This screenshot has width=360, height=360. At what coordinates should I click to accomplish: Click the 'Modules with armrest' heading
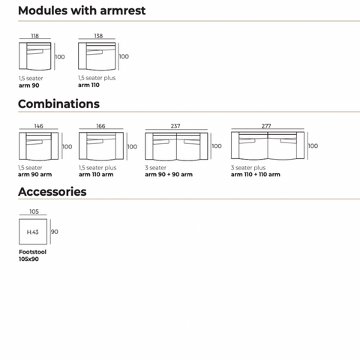point(82,10)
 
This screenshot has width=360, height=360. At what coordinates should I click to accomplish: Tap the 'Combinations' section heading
point(58,104)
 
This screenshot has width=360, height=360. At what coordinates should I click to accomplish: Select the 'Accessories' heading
point(52,192)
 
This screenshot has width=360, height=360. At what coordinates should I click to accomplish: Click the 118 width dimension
point(34,36)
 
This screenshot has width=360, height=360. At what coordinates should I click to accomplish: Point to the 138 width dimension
point(98,36)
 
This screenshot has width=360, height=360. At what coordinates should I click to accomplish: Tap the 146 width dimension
point(38,126)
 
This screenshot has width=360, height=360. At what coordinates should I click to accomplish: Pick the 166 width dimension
point(100,126)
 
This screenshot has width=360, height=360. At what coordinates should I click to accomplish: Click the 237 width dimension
point(175,126)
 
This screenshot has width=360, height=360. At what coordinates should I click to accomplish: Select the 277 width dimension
point(266,126)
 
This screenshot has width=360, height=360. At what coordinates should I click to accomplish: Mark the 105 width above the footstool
point(34,211)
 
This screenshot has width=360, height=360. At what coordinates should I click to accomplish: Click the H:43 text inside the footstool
point(33,232)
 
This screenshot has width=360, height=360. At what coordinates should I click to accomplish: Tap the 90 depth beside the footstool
point(55,232)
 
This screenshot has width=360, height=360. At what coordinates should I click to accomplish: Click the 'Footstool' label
point(33,252)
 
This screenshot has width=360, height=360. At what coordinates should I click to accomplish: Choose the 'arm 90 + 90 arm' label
point(169,175)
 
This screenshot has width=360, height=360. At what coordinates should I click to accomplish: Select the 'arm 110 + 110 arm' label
point(256,175)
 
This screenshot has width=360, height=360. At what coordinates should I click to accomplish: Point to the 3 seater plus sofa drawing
point(268,145)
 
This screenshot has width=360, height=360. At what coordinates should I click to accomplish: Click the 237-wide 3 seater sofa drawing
point(176,146)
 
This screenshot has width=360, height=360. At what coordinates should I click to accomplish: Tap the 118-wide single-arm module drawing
point(35,56)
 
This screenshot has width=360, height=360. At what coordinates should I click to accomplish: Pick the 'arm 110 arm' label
point(96,175)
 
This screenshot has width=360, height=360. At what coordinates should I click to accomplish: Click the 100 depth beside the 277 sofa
point(313,145)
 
